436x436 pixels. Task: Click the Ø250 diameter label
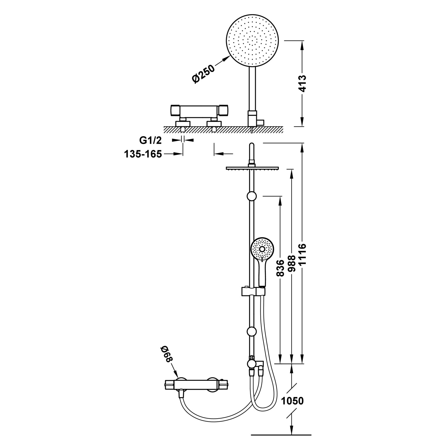click(203, 74)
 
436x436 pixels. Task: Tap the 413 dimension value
click(303, 84)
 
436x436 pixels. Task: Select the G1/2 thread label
click(150, 140)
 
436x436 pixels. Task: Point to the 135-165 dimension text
click(143, 154)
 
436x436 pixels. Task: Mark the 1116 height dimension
click(303, 254)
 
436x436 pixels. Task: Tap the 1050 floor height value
click(292, 401)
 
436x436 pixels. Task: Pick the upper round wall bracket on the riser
click(252, 196)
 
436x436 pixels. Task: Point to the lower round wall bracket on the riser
click(251, 331)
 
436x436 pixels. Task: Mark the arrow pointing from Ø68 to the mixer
click(175, 373)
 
